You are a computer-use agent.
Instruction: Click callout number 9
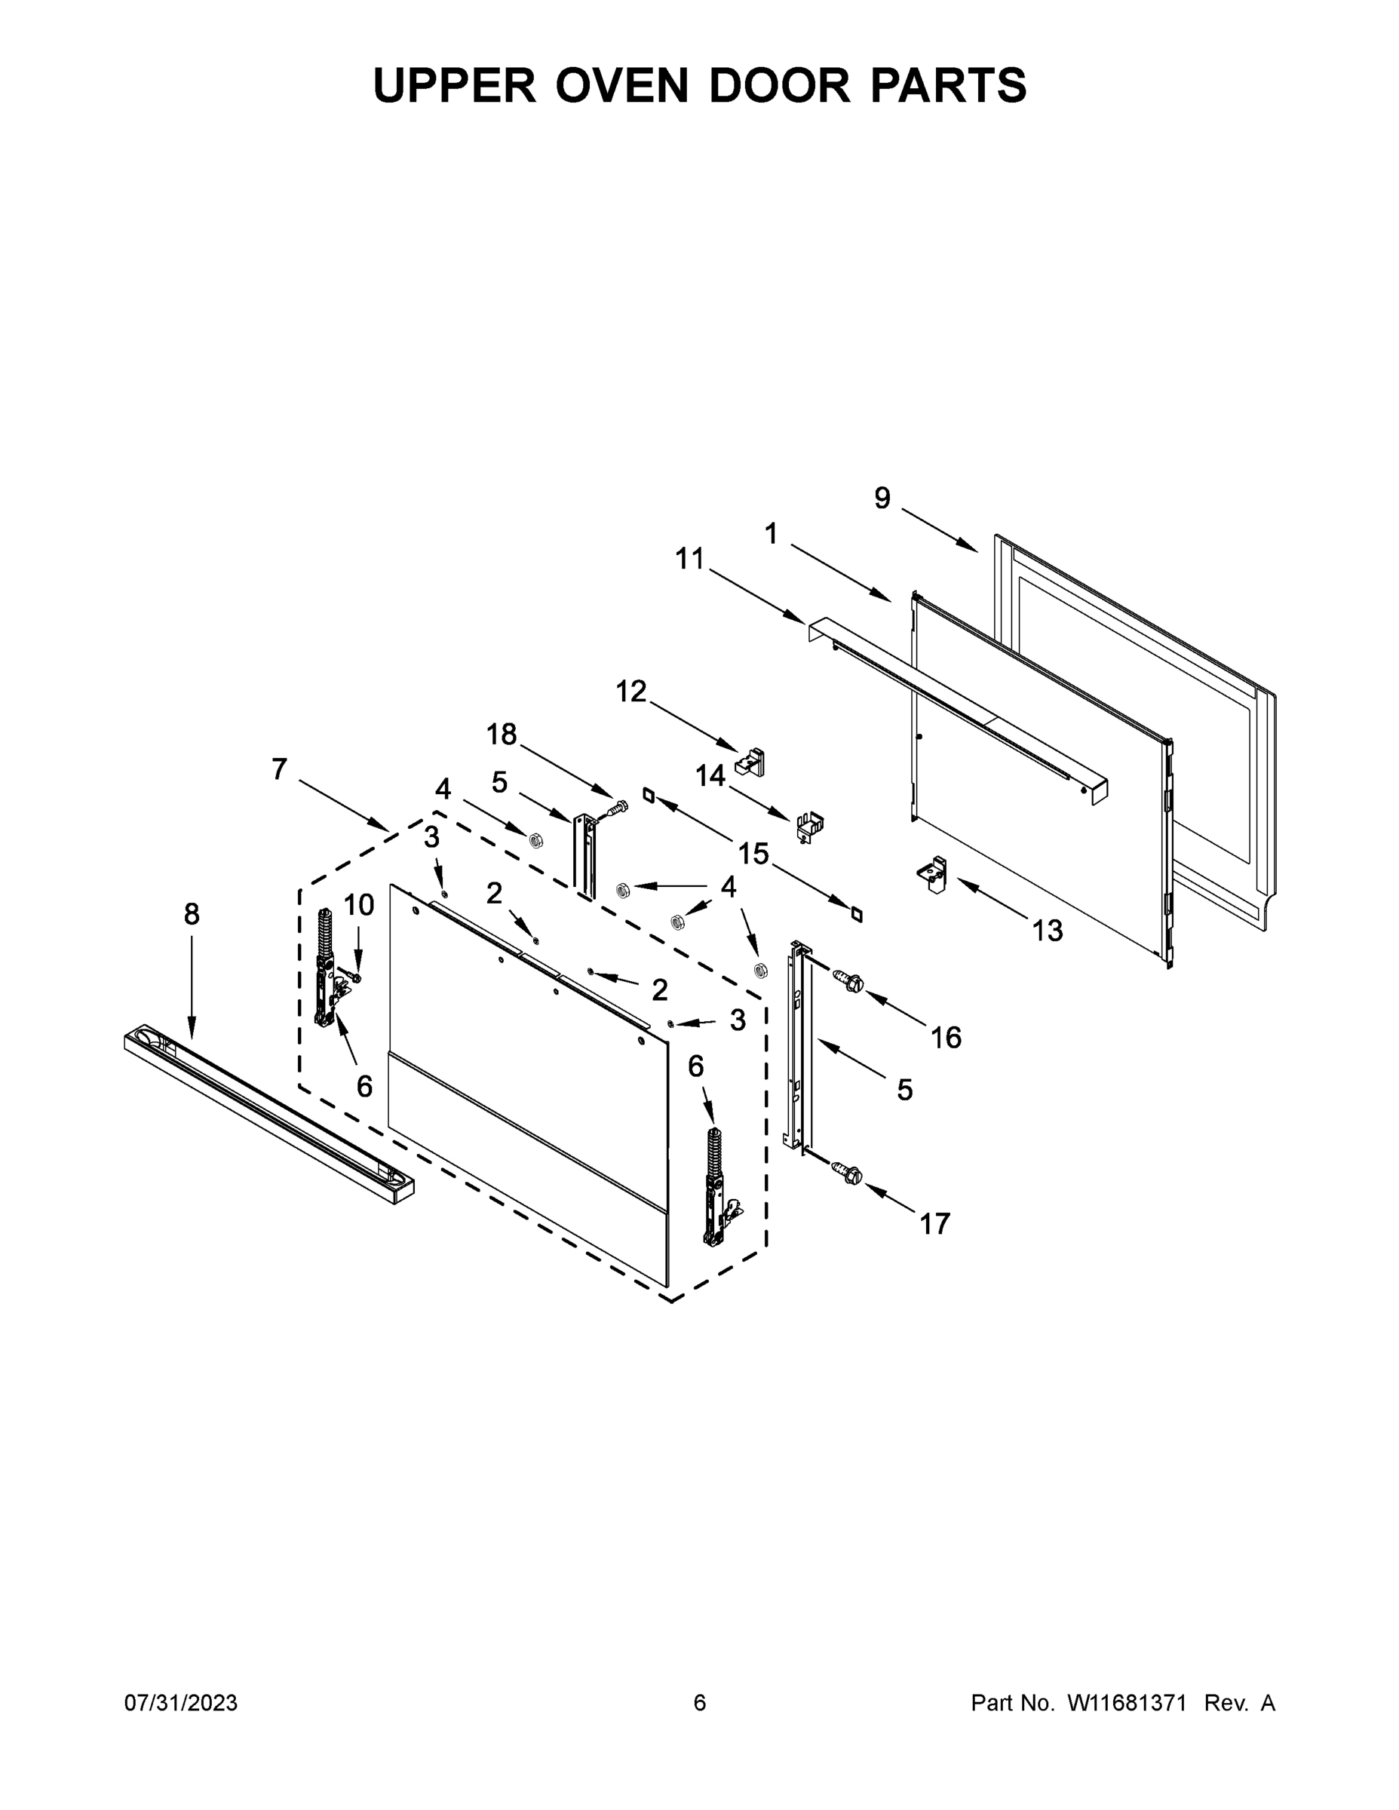882,498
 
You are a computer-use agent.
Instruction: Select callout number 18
502,734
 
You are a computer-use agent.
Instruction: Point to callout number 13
1048,931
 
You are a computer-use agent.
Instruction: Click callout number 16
946,1037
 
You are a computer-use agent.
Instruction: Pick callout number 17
935,1223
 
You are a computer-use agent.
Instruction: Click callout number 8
192,914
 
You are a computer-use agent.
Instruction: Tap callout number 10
359,905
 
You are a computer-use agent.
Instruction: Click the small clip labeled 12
751,761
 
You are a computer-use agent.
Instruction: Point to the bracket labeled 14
808,827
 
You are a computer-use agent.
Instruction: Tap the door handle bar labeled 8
269,1113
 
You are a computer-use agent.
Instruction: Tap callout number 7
279,769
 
